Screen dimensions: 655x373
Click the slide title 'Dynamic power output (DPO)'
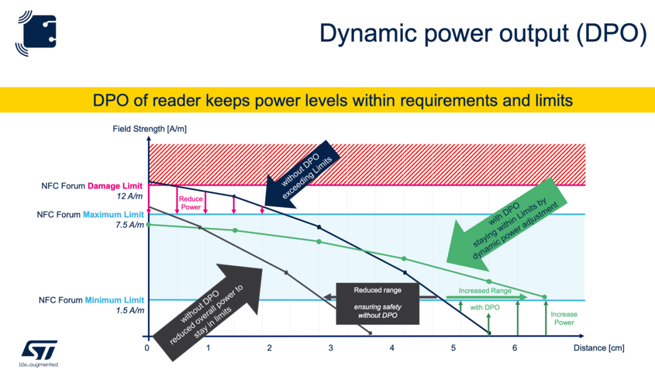(x=483, y=34)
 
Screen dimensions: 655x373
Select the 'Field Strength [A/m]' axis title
(x=150, y=129)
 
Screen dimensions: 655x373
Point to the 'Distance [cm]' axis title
(x=599, y=348)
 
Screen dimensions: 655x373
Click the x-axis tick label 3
(x=331, y=348)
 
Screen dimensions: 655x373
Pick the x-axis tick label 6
(x=514, y=348)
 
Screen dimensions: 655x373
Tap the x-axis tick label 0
(x=147, y=348)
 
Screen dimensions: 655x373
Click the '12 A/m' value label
(x=130, y=197)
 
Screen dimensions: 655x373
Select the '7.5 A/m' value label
(x=130, y=225)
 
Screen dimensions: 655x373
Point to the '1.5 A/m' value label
(x=130, y=311)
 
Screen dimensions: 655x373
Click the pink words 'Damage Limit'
(x=115, y=186)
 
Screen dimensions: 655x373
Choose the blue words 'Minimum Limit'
(x=115, y=300)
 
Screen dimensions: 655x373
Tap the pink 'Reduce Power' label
(x=191, y=203)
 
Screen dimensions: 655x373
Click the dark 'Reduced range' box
(x=378, y=304)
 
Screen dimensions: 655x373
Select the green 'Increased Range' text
(x=485, y=291)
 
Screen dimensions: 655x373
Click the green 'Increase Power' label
(x=564, y=318)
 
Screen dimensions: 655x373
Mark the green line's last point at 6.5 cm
(x=545, y=297)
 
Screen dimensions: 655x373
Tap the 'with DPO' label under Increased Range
(x=485, y=307)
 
